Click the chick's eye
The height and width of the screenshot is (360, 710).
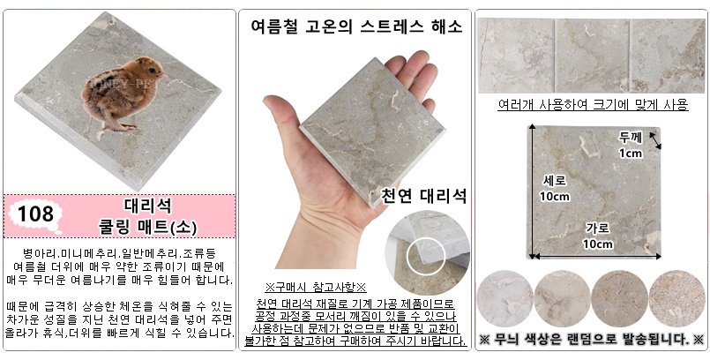(x=153, y=71)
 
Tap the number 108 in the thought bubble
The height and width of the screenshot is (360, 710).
(x=36, y=214)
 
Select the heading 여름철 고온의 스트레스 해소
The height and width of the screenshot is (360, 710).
(x=356, y=26)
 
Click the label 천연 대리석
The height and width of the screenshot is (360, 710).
(x=423, y=196)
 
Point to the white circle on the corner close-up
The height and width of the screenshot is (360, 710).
(x=426, y=255)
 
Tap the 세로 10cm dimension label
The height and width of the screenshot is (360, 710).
(x=554, y=189)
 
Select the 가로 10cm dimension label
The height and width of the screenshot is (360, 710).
(x=598, y=236)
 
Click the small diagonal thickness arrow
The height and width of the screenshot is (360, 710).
(x=655, y=140)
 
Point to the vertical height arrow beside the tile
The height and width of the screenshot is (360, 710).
(x=532, y=191)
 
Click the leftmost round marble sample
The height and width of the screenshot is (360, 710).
(x=504, y=299)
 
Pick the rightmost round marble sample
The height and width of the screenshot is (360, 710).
(x=677, y=299)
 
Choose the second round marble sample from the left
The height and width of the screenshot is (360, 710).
(x=563, y=299)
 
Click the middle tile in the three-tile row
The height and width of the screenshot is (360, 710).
(x=592, y=56)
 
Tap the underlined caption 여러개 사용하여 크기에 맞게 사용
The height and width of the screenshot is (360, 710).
(x=594, y=105)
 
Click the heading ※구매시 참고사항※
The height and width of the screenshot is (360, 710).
(x=316, y=288)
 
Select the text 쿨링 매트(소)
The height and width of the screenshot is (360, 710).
(x=148, y=228)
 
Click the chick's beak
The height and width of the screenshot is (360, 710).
(x=163, y=75)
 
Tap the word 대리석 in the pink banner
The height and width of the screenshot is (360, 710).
(x=148, y=206)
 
